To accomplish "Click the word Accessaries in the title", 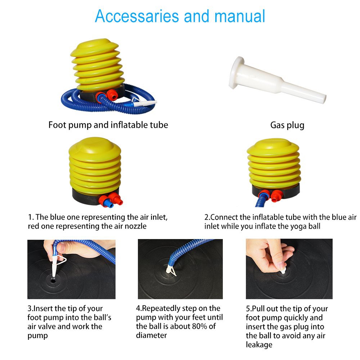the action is pyautogui.click(x=137, y=16).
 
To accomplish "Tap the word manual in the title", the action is pyautogui.click(x=239, y=16).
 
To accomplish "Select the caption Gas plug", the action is pyautogui.click(x=287, y=125).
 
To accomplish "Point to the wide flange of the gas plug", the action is pyautogui.click(x=236, y=72).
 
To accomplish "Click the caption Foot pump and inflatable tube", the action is pyautogui.click(x=108, y=125).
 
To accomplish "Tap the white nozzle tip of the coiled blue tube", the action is pyautogui.click(x=145, y=103).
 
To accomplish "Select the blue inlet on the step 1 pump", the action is pyautogui.click(x=108, y=203).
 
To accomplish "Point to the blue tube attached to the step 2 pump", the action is pyautogui.click(x=261, y=200).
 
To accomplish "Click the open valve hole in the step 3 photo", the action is pyautogui.click(x=53, y=280).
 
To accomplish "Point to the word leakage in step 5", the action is pyautogui.click(x=259, y=345).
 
